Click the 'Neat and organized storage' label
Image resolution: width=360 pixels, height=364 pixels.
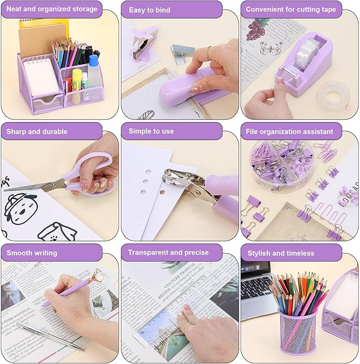click(52, 9)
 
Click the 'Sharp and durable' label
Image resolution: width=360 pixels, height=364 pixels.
click(37, 131)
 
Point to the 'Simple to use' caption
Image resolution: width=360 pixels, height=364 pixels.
click(151, 131)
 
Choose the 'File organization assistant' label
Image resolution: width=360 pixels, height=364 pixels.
click(289, 131)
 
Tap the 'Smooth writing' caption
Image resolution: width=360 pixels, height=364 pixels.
click(32, 253)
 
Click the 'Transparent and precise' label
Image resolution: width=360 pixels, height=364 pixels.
click(168, 253)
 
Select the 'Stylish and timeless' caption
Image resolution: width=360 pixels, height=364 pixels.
click(281, 253)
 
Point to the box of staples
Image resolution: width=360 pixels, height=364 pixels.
click(183, 50)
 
